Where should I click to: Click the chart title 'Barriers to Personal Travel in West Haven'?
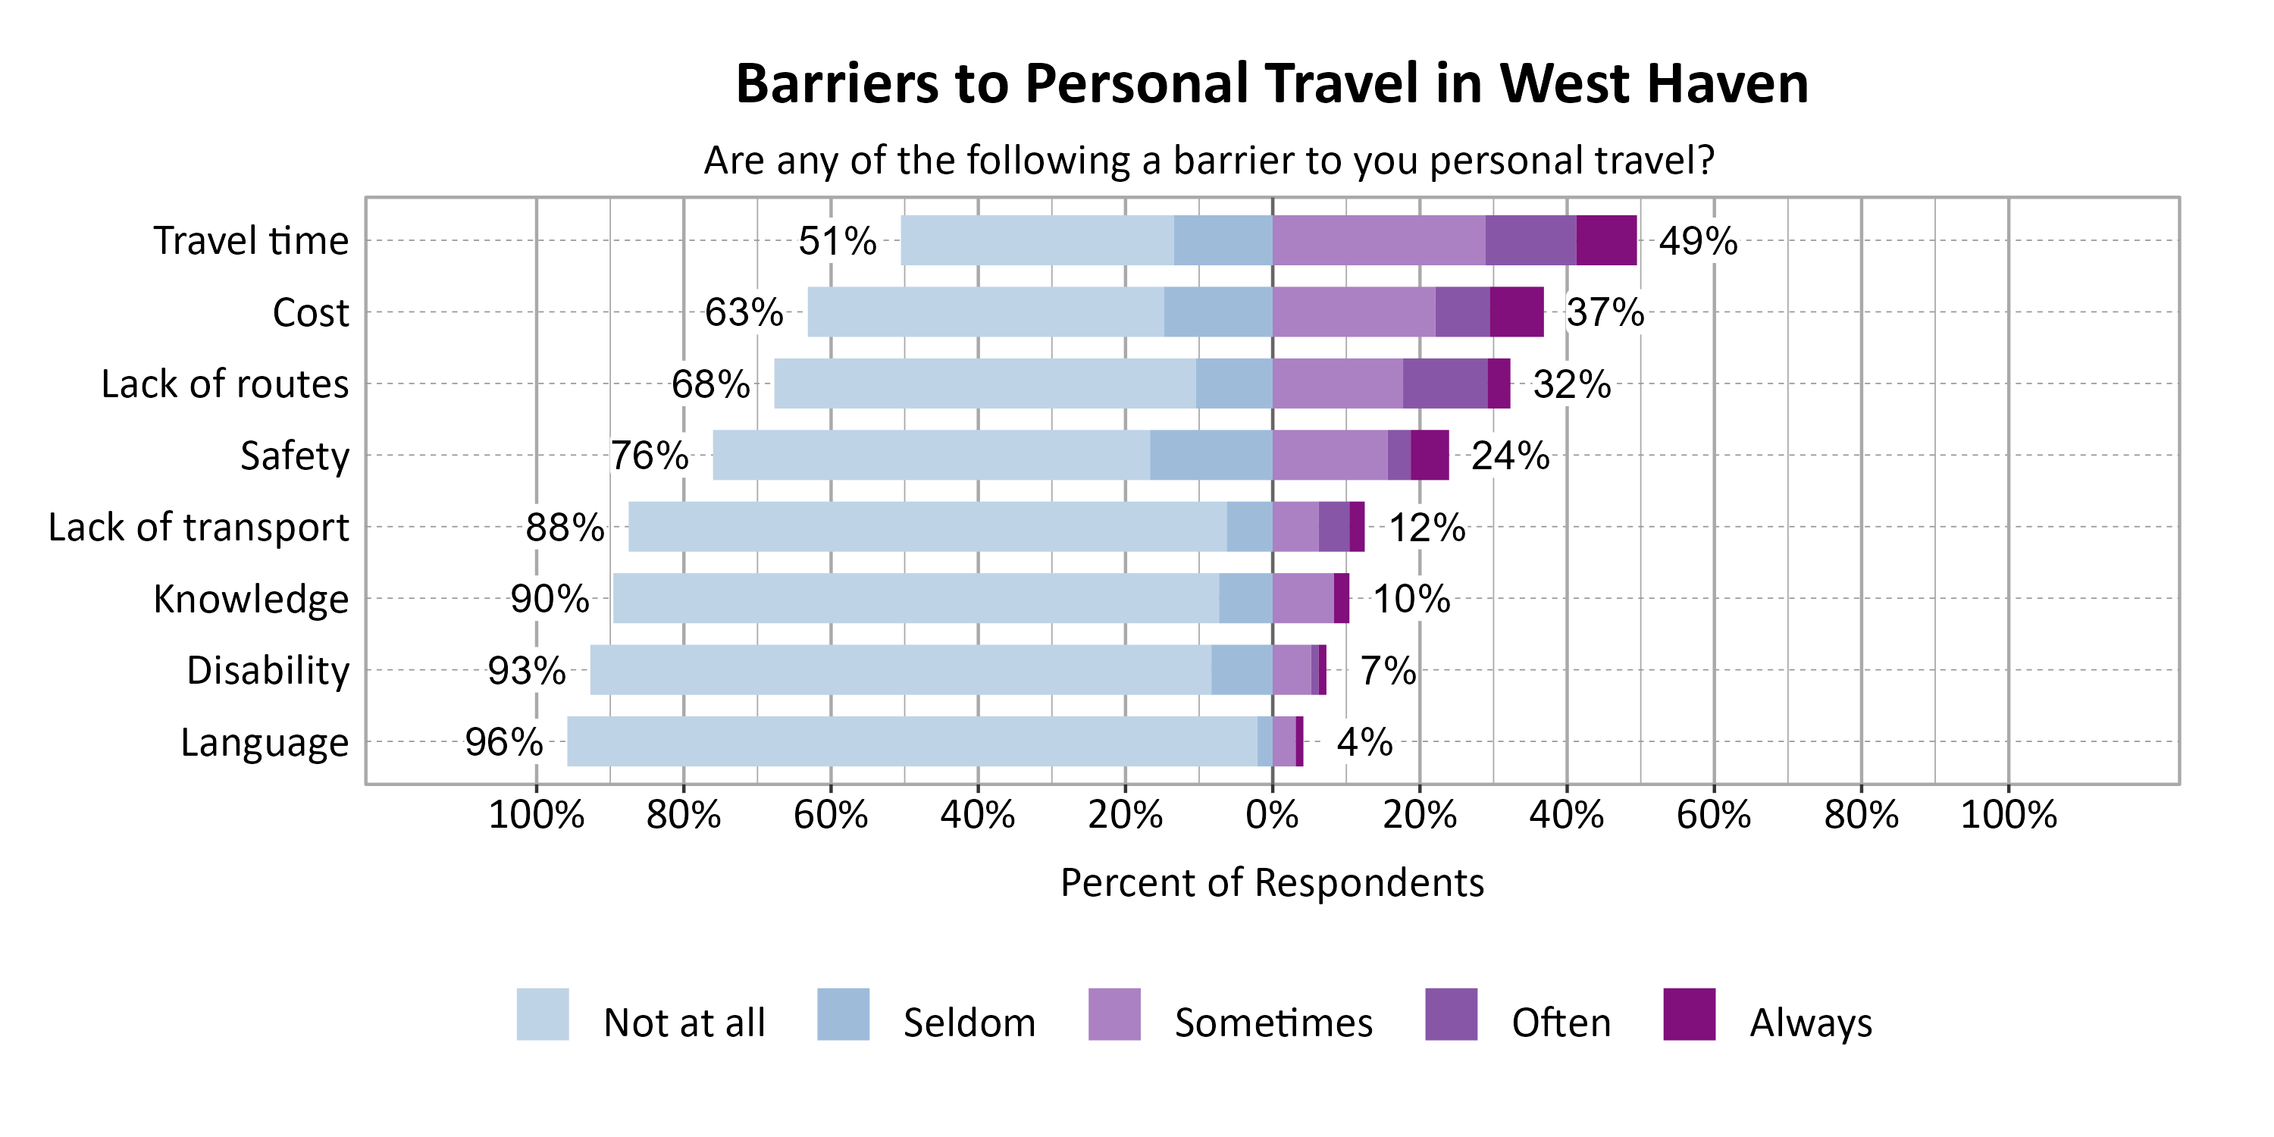tap(1271, 84)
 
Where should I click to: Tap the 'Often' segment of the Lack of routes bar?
tap(1444, 383)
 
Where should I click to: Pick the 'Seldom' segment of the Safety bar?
tap(1211, 455)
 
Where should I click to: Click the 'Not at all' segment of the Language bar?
tap(912, 741)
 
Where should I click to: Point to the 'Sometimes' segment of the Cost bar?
tap(1353, 312)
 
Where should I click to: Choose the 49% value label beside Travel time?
tap(1698, 241)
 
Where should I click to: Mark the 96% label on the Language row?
tap(504, 741)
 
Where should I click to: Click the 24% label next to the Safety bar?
tap(1509, 456)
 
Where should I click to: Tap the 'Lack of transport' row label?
tap(199, 527)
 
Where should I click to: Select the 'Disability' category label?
tap(268, 670)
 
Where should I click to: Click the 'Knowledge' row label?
tap(251, 599)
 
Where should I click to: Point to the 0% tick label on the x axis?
tap(1271, 814)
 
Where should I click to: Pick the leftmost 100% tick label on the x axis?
tap(536, 814)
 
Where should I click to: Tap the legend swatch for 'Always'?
tap(1689, 1014)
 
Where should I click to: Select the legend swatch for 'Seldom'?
tap(843, 1014)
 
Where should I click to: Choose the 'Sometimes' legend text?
tap(1273, 1023)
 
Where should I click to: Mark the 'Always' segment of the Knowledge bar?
tap(1341, 599)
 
